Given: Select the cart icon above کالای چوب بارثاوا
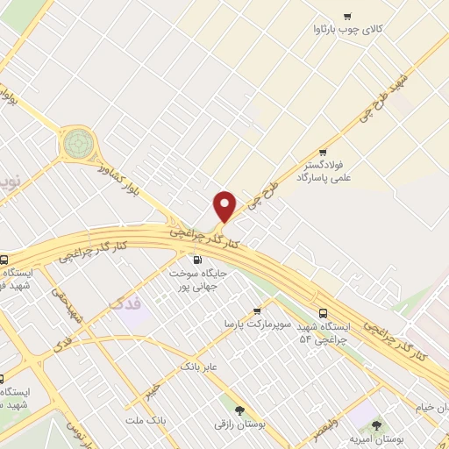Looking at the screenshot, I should coord(347,16).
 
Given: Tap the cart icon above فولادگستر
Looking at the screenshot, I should coord(323,151).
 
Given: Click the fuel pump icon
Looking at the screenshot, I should coord(196,260).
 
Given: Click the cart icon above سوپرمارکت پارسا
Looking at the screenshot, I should coord(257,310).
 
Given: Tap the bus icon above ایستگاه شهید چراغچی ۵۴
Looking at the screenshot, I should coord(323,312).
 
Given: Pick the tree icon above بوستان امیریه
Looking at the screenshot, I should coord(376,424).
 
